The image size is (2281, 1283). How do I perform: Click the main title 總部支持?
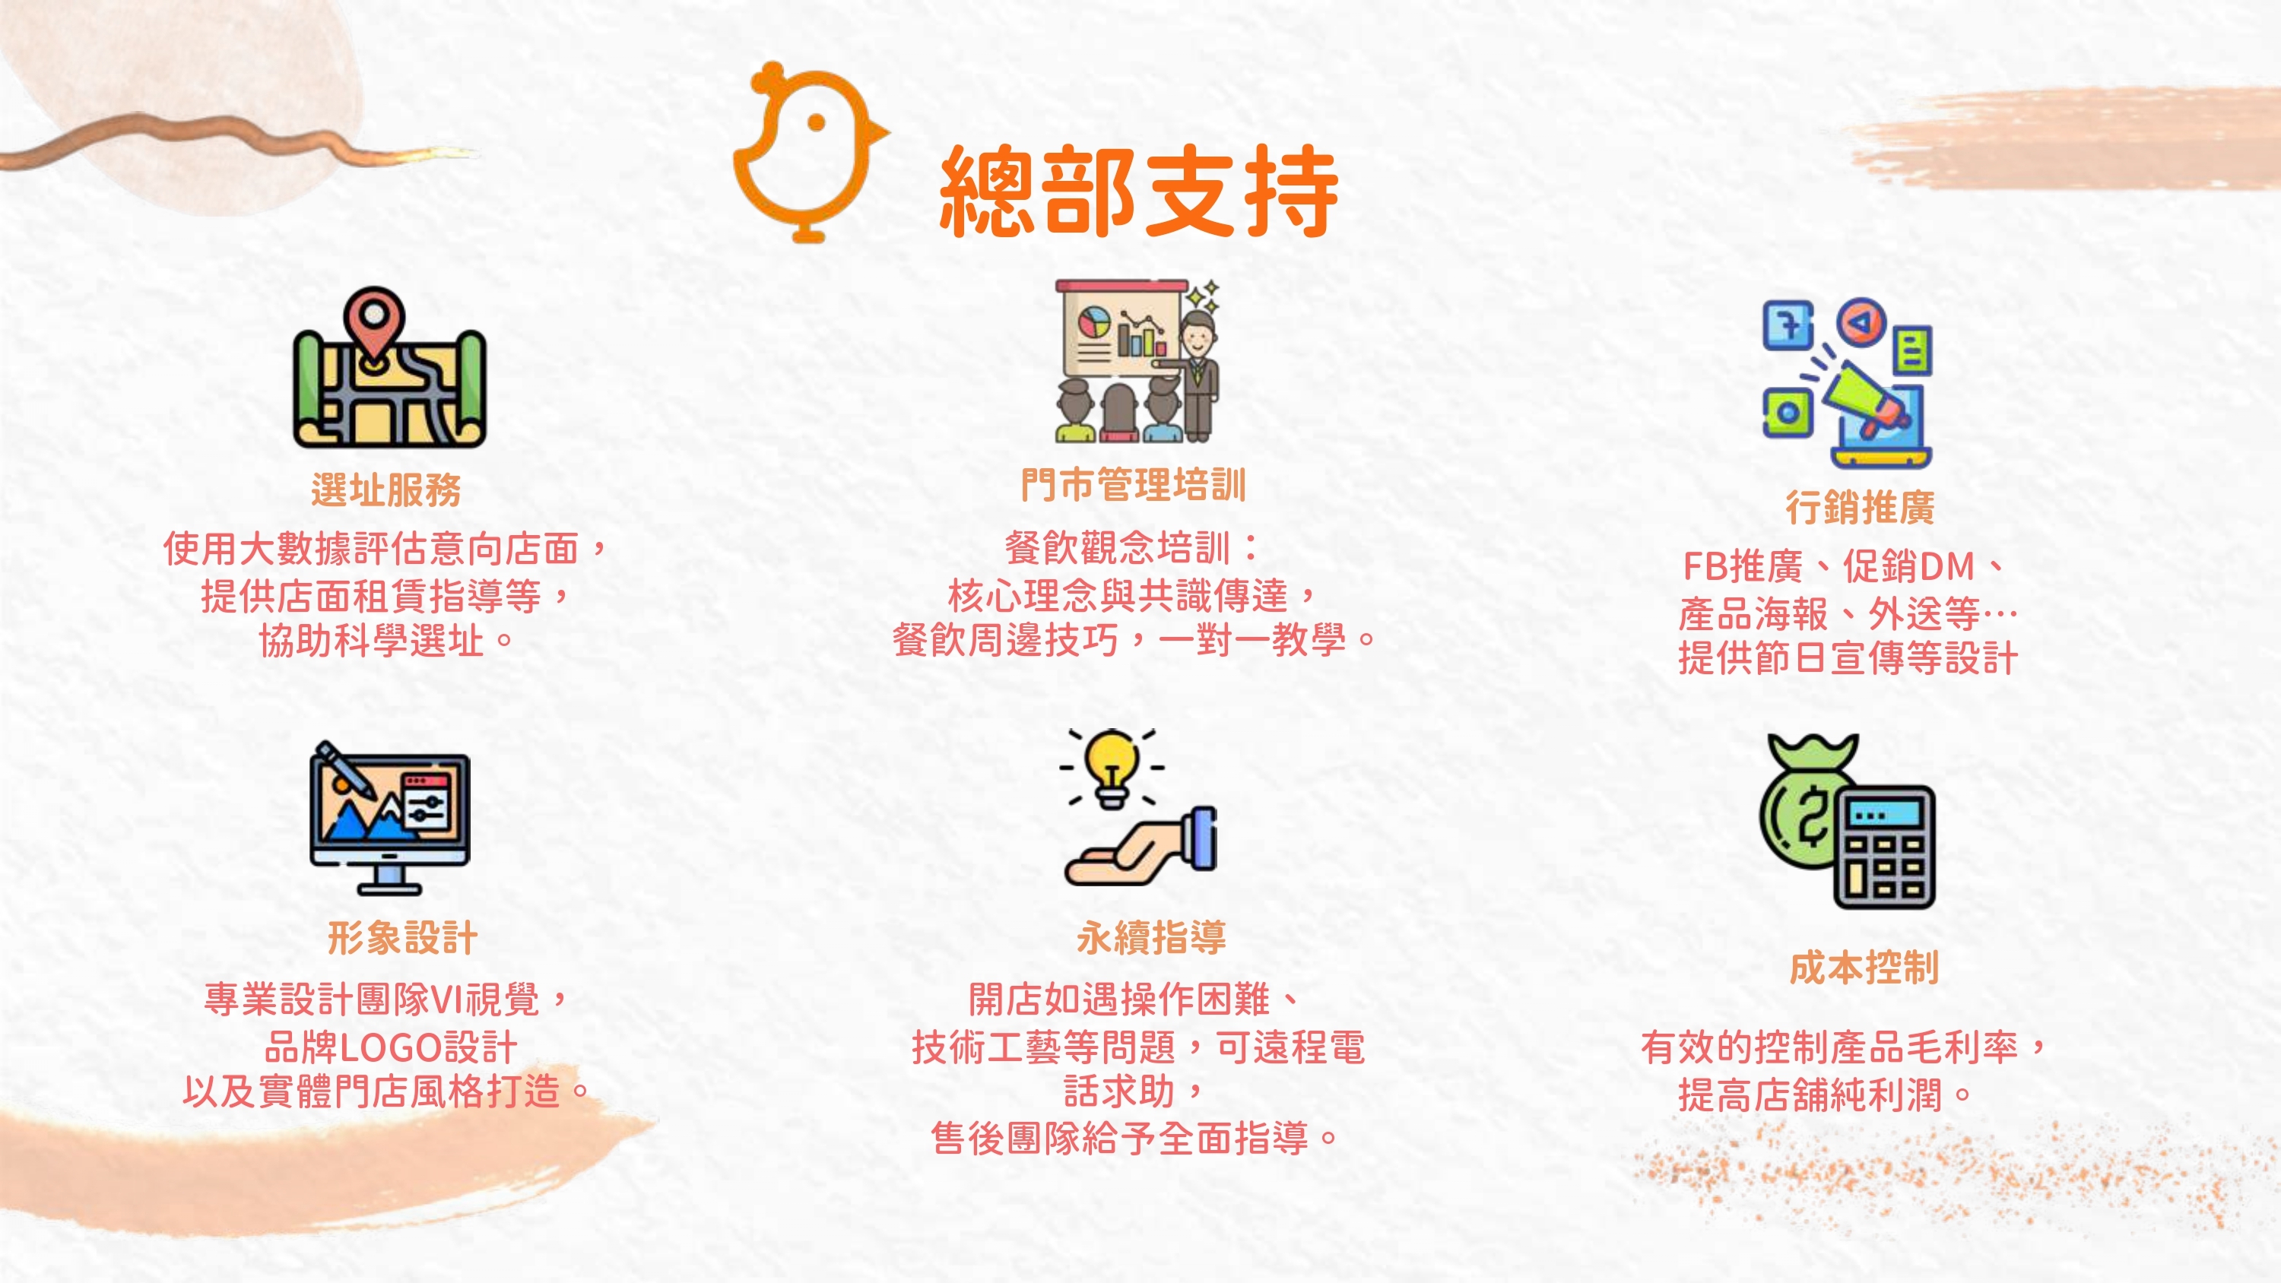tap(1139, 192)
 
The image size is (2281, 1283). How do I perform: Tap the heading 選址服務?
tap(386, 489)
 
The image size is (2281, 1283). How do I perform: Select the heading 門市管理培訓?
tap(1134, 484)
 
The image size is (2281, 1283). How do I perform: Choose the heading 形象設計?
tap(403, 938)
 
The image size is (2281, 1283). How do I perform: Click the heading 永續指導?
tap(1151, 938)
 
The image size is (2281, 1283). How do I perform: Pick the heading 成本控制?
tap(1864, 967)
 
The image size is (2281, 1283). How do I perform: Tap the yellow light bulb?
tap(1112, 768)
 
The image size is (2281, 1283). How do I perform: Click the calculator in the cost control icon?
tap(1883, 847)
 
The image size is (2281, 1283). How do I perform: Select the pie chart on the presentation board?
tap(1094, 322)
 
